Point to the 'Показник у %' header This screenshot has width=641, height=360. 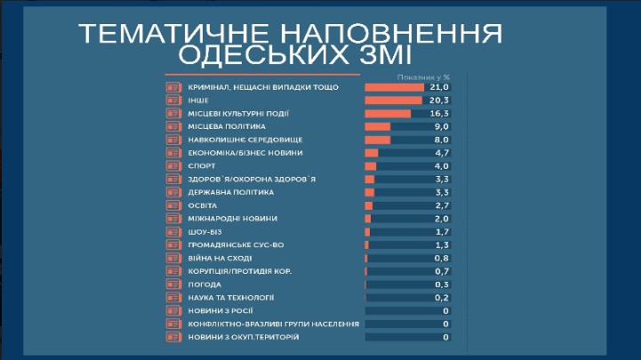coord(424,78)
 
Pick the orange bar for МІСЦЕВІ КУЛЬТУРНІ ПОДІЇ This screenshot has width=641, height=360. coord(388,114)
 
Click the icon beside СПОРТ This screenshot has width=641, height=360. coord(173,166)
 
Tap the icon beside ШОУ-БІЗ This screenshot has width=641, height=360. coord(173,231)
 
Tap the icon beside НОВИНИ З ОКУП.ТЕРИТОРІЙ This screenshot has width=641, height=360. coord(173,337)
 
